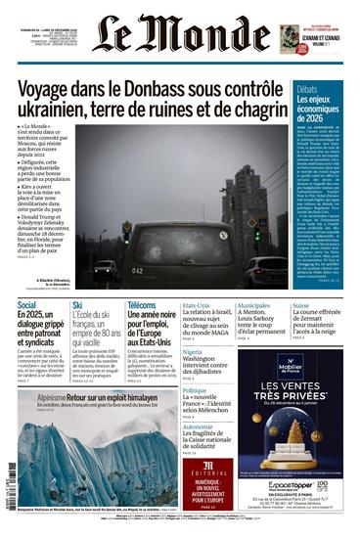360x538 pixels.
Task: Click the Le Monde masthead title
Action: (x=180, y=33)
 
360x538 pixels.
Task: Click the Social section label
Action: (x=28, y=306)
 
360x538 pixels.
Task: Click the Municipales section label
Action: (x=256, y=305)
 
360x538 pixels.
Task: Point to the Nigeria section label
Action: (x=194, y=352)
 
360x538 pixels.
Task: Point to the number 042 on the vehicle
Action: (x=139, y=271)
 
